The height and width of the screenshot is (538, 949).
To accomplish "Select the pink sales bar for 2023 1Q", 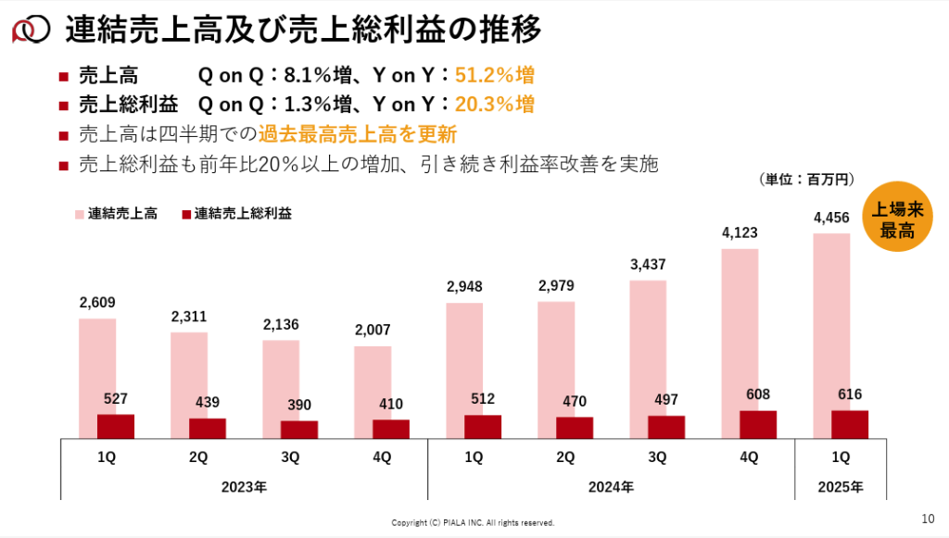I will point(97,366).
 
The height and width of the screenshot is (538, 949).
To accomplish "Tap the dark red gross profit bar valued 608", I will point(758,424).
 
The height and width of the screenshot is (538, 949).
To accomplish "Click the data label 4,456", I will point(831,218).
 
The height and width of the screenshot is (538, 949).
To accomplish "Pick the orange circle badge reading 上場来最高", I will point(893,220).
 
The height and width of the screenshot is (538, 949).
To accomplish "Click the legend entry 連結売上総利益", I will point(236,214).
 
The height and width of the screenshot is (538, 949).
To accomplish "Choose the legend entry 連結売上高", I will point(115,214).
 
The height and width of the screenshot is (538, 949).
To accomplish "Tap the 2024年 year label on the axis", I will point(611,486).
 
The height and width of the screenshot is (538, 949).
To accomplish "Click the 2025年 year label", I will point(841,486).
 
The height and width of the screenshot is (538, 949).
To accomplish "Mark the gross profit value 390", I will point(299,405).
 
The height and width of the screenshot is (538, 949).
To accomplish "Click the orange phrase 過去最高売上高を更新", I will point(358,134).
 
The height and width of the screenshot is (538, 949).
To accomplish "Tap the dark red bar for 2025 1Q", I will point(850,424).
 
